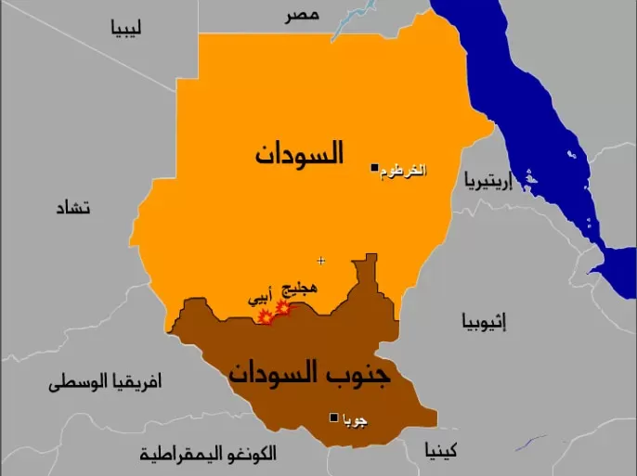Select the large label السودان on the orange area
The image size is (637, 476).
(x=299, y=152)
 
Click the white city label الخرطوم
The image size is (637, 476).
(x=403, y=172)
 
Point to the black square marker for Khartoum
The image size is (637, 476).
(x=374, y=168)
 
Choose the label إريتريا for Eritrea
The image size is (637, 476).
(x=488, y=180)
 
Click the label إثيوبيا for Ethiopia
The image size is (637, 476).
(x=484, y=322)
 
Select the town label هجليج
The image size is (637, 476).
(x=298, y=289)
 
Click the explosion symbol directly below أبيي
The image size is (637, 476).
(x=266, y=317)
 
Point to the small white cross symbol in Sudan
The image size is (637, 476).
(x=321, y=261)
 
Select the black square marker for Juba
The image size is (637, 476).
(x=334, y=418)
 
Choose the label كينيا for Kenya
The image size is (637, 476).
(x=441, y=452)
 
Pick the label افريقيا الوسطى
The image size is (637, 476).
(x=105, y=381)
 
